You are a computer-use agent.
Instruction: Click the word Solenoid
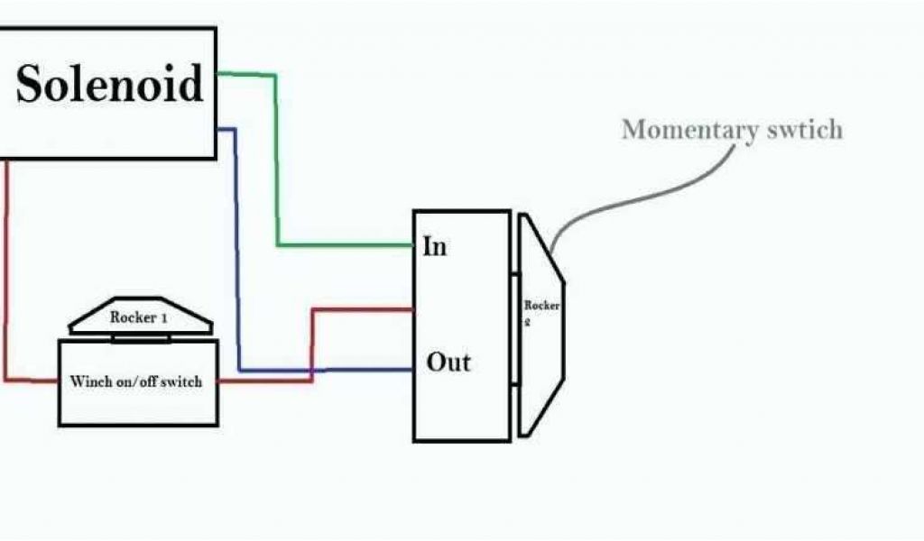pyautogui.click(x=109, y=85)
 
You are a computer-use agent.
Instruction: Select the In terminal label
pyautogui.click(x=434, y=246)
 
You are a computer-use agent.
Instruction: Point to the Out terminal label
pyautogui.click(x=448, y=362)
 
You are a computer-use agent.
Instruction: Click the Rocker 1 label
pyautogui.click(x=140, y=317)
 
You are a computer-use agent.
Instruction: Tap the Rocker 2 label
pyautogui.click(x=541, y=312)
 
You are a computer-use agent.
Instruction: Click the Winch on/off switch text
pyautogui.click(x=136, y=381)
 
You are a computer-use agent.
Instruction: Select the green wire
pyautogui.click(x=276, y=162)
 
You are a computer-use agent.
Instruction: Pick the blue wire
pyautogui.click(x=236, y=252)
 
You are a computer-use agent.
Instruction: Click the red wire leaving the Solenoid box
pyautogui.click(x=6, y=270)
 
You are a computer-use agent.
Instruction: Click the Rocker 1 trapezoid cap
pyautogui.click(x=141, y=317)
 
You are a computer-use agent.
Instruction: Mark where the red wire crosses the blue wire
pyautogui.click(x=312, y=370)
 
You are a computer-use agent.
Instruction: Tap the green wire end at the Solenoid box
pyautogui.click(x=222, y=75)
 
